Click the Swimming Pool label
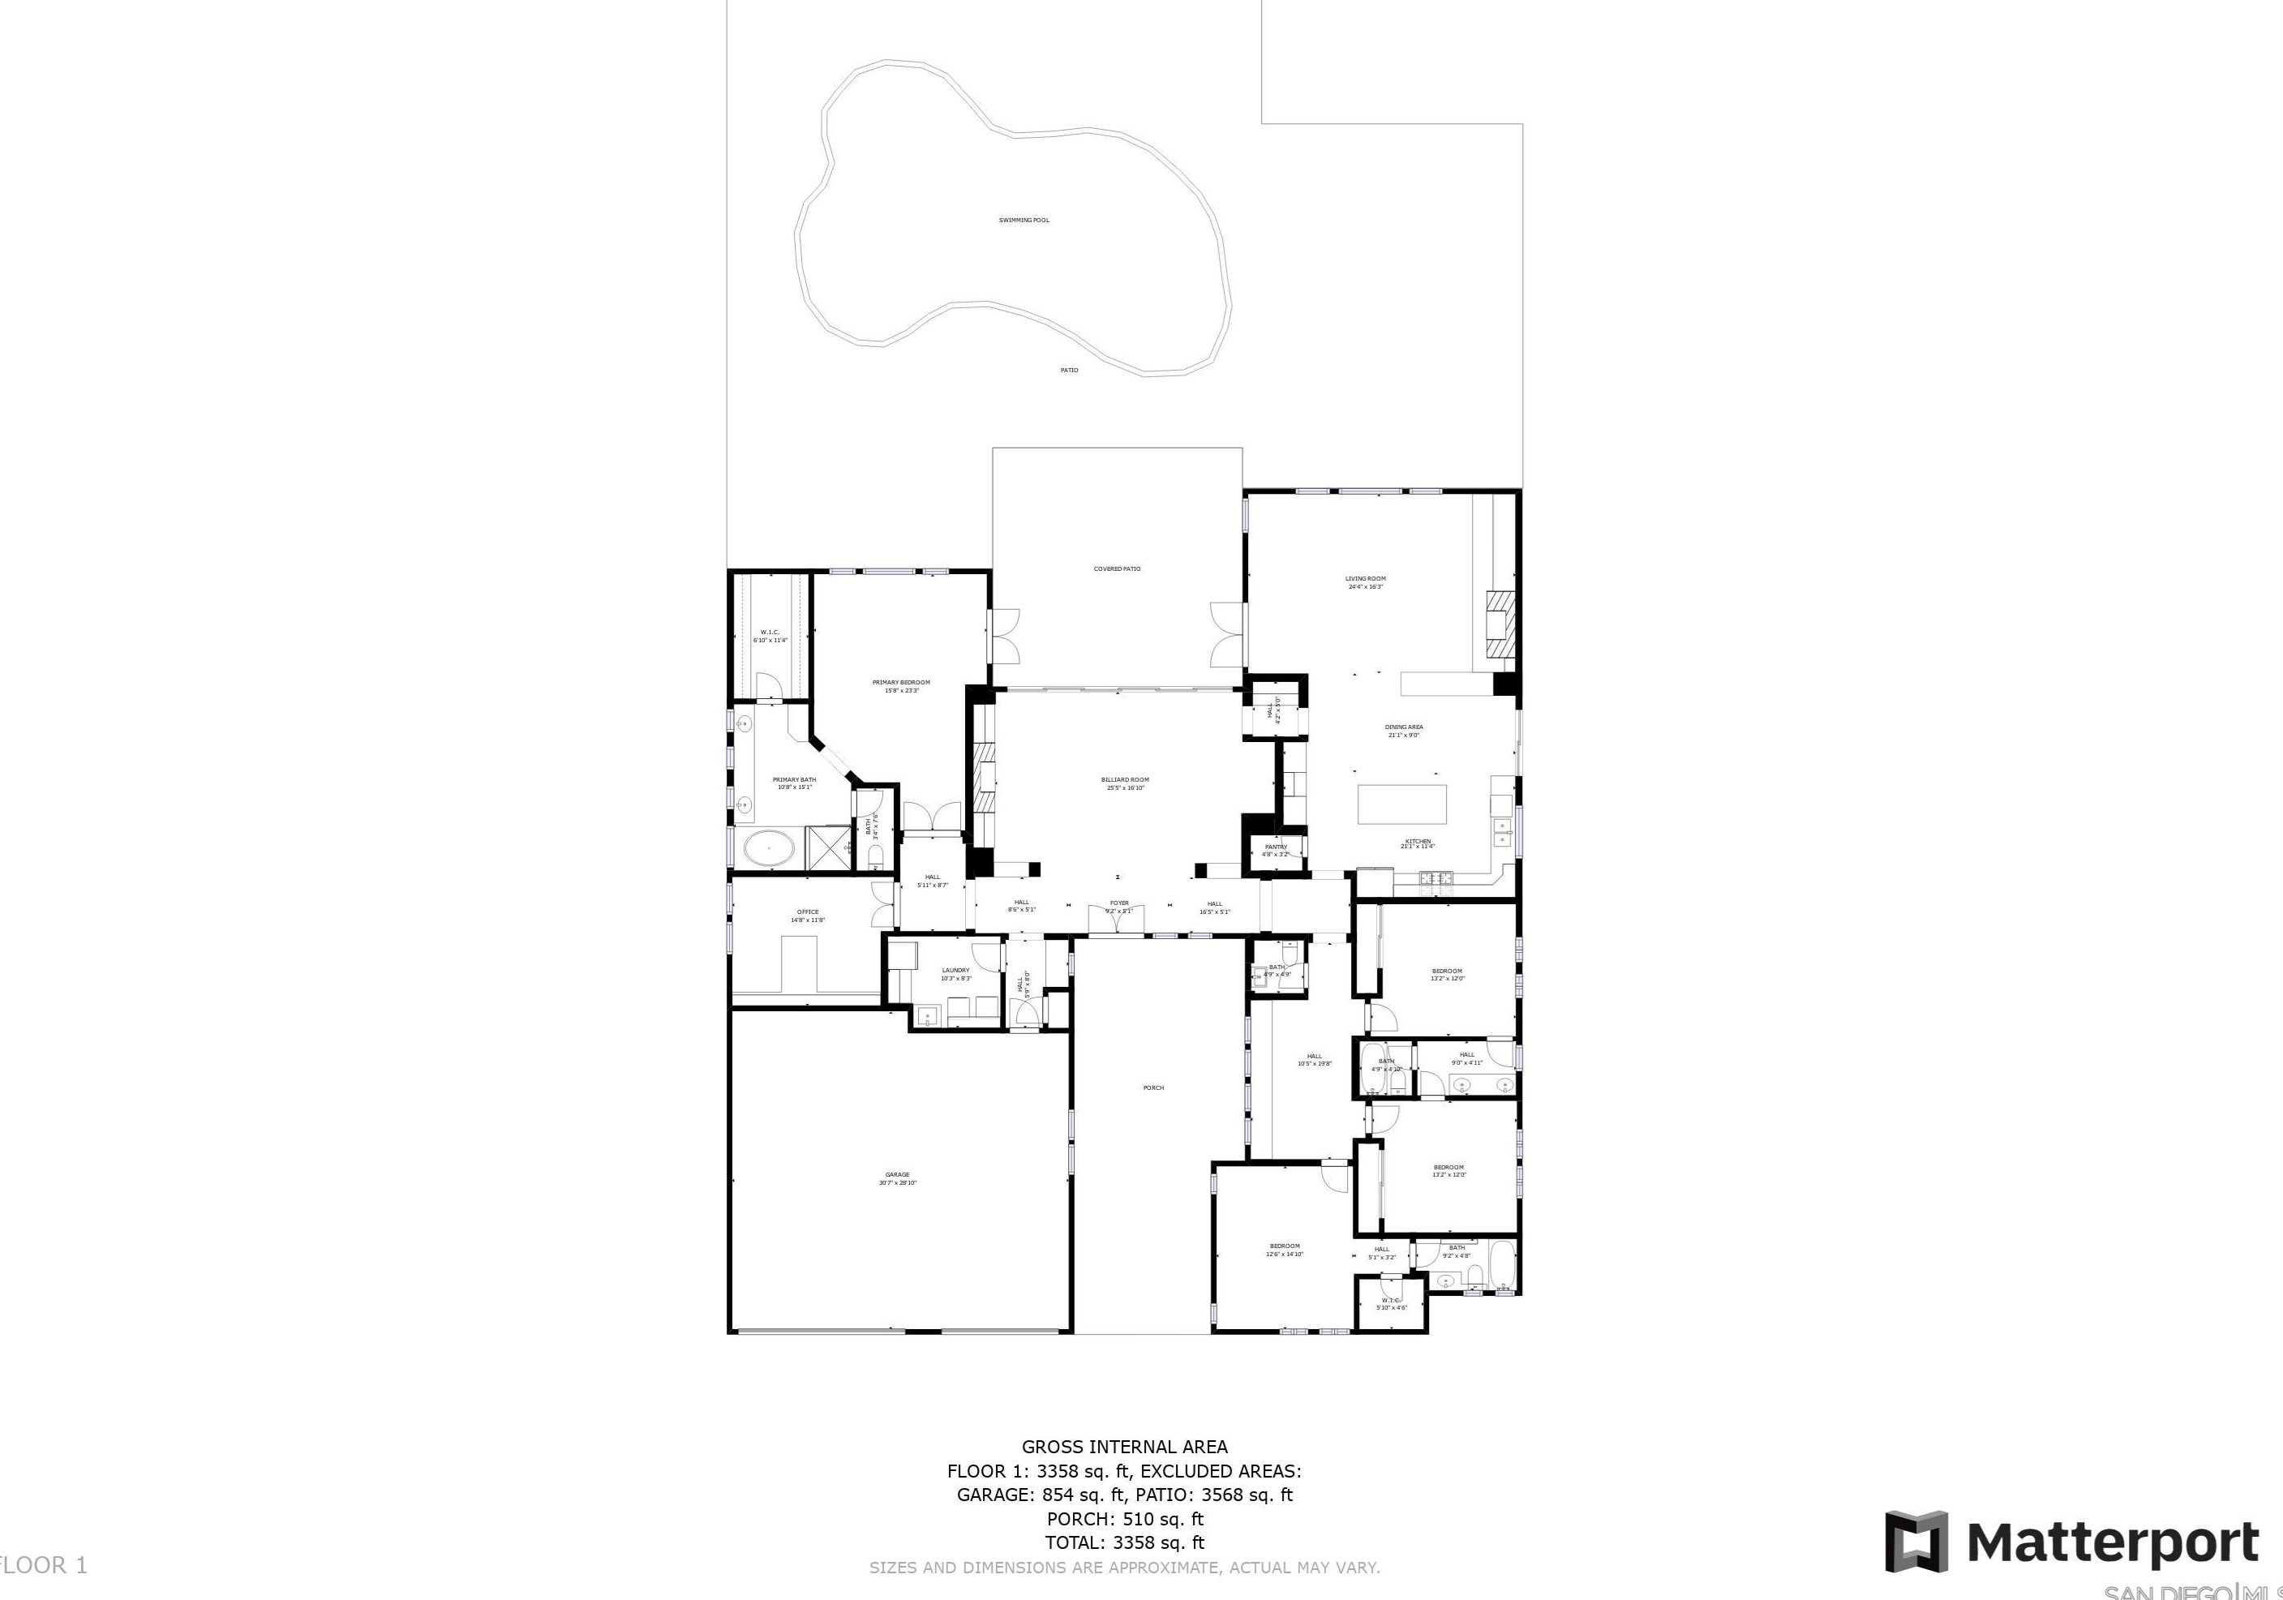(x=1023, y=220)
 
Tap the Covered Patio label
(x=1117, y=568)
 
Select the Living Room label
(x=1365, y=581)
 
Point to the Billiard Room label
(x=1125, y=783)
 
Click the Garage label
(x=897, y=1177)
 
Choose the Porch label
(x=1152, y=1087)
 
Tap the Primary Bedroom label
(x=901, y=685)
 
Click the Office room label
(x=808, y=915)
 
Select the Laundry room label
(x=955, y=972)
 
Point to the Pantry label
(x=1276, y=849)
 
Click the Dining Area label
(x=1403, y=730)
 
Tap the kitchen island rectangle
(x=1403, y=804)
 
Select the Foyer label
(x=1118, y=905)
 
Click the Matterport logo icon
(x=1917, y=1542)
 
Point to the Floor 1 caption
(x=44, y=1565)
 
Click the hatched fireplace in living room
(x=1501, y=624)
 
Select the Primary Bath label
(x=793, y=783)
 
